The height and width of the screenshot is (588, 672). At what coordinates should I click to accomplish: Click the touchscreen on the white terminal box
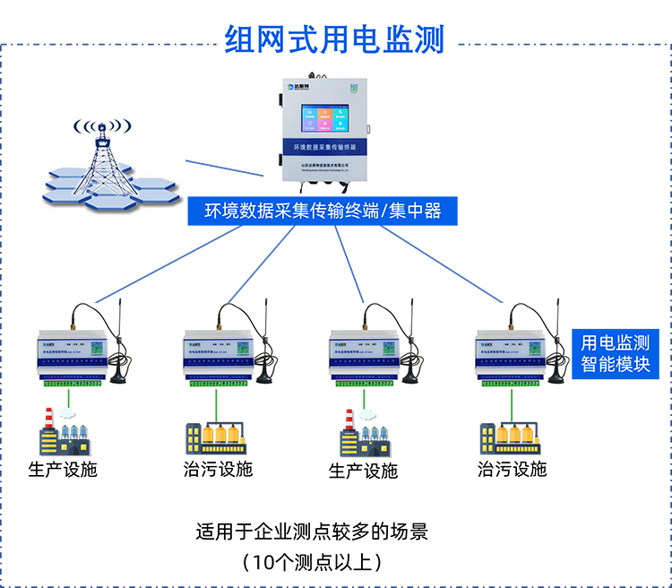324,117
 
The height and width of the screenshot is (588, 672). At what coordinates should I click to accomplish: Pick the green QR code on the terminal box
354,88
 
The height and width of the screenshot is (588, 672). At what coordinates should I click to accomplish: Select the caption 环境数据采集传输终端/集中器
323,212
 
